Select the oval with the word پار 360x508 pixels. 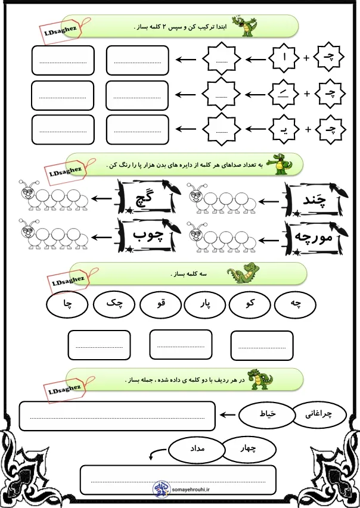click(206, 304)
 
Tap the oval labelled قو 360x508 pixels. click(160, 304)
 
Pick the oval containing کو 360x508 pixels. click(250, 304)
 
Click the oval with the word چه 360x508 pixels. click(296, 304)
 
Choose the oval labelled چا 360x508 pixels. click(67, 304)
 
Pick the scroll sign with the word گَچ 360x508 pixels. click(144, 197)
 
